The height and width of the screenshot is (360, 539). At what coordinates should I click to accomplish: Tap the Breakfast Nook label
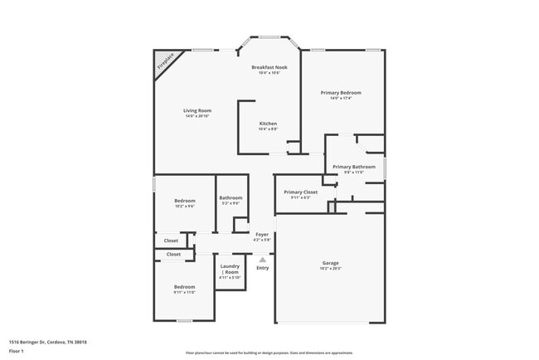(x=269, y=66)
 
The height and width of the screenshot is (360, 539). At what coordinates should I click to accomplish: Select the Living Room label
(x=197, y=110)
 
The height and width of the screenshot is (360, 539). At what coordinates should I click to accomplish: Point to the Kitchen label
(x=268, y=124)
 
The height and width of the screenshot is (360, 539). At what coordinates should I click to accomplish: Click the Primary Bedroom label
(x=341, y=92)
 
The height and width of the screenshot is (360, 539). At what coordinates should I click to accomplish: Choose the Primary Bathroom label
(x=354, y=166)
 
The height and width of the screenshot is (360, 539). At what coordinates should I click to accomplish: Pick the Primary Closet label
(x=300, y=192)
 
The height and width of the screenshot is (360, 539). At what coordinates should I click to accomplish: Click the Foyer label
(x=262, y=234)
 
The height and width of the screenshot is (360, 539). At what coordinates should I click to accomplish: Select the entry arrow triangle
(x=262, y=259)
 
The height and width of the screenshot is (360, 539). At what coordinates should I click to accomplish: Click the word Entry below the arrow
(x=262, y=267)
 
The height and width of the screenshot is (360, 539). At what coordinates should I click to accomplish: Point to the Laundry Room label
(x=230, y=269)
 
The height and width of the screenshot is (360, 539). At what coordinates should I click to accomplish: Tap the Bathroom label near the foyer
(x=231, y=197)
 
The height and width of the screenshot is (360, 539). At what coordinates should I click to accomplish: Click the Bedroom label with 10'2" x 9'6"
(x=184, y=201)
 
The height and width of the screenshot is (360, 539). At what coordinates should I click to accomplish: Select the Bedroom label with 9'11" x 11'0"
(x=184, y=287)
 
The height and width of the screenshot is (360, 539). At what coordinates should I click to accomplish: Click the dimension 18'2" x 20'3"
(x=330, y=268)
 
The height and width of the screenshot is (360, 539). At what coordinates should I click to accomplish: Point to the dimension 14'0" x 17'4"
(x=341, y=98)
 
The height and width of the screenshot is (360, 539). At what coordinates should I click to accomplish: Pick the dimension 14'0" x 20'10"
(x=197, y=116)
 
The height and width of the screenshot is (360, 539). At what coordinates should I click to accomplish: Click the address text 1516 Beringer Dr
(x=48, y=341)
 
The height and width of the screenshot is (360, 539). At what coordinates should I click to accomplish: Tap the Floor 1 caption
(x=16, y=351)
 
